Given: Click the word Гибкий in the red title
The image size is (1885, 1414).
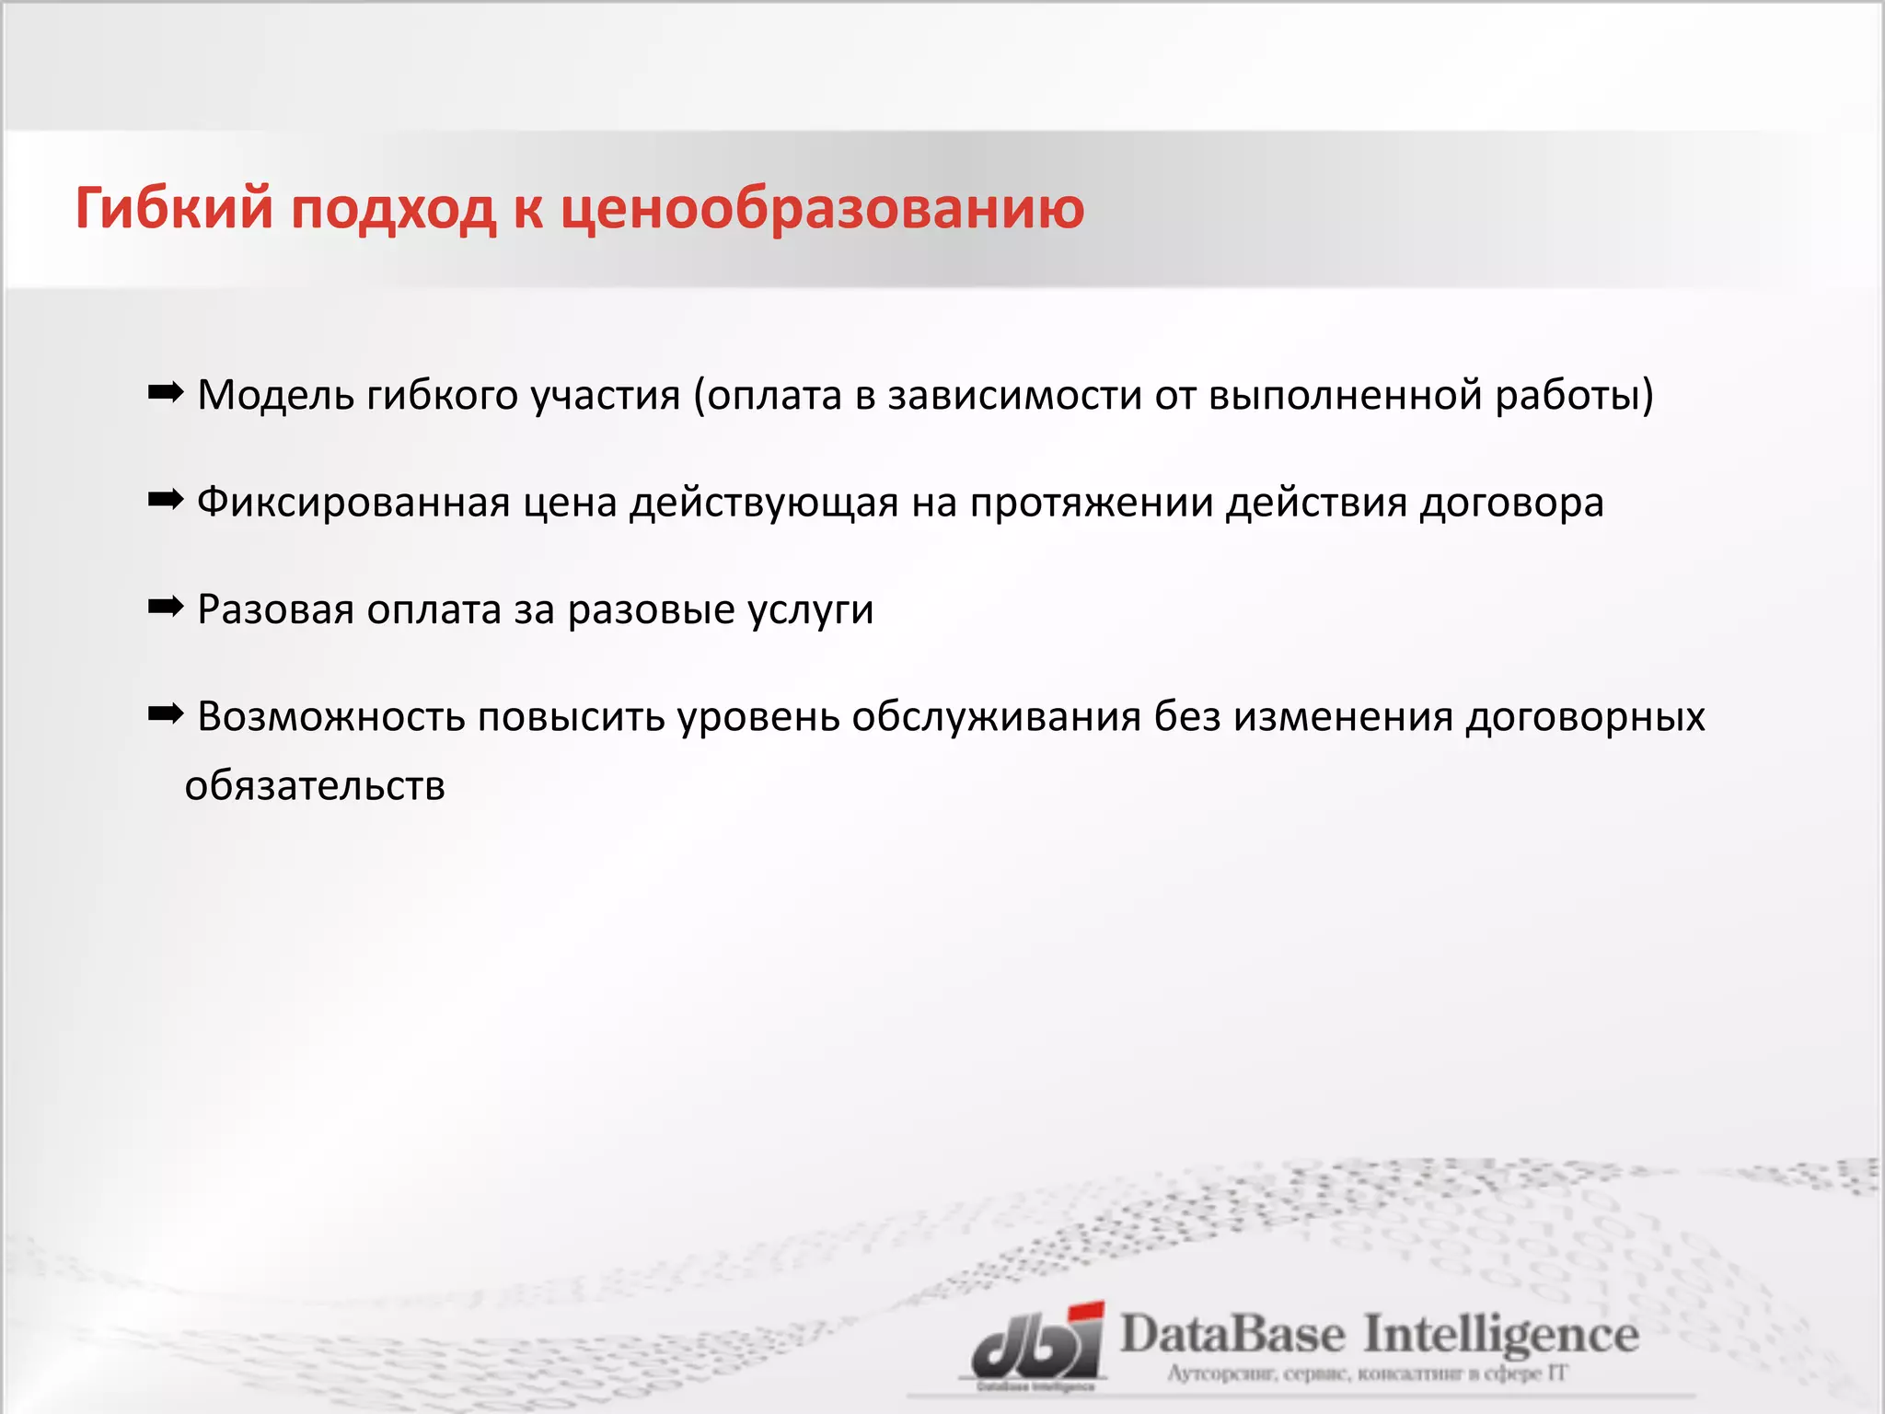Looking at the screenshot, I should (174, 208).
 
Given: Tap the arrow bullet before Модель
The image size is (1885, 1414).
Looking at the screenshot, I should (166, 394).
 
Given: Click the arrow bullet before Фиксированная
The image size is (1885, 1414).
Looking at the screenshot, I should (166, 502).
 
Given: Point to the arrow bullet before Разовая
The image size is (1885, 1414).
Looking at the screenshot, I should (166, 608).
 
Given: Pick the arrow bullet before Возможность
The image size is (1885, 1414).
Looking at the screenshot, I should (166, 715).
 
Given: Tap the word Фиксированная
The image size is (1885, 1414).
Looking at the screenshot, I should (353, 504).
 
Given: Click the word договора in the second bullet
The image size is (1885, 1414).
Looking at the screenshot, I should (1511, 504).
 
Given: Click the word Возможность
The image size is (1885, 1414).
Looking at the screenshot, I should (331, 717).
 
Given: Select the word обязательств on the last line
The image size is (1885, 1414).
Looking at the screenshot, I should (315, 786).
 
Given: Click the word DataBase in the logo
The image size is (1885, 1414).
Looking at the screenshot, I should (1232, 1335).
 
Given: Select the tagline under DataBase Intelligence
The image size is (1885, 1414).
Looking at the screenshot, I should (1367, 1374).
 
